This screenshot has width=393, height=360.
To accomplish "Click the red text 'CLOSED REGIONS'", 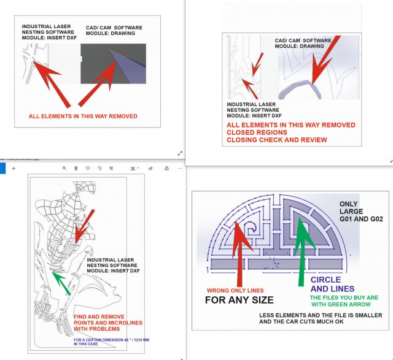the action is (x=257, y=132).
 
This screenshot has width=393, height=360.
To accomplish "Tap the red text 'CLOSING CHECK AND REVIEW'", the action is (x=277, y=140).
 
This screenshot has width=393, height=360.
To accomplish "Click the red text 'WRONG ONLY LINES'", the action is (x=235, y=291).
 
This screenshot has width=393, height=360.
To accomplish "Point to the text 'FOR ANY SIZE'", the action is (x=239, y=300).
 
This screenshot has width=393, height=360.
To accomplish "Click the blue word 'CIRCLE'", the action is (x=325, y=280).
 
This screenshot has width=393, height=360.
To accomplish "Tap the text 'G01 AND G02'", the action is (x=361, y=219).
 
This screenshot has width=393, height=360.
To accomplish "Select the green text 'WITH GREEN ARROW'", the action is (x=341, y=304).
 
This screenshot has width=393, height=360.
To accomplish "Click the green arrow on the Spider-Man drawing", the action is (x=61, y=283).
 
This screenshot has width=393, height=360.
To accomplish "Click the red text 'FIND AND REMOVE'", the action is (x=99, y=316).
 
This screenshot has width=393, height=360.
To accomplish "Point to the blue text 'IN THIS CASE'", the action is (x=86, y=344).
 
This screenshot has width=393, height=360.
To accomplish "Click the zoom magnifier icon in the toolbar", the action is (x=64, y=169).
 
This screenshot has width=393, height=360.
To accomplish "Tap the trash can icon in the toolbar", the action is (x=76, y=169).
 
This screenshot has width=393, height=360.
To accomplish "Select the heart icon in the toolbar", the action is (x=88, y=168).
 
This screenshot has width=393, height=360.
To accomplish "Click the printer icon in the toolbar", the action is (x=166, y=169).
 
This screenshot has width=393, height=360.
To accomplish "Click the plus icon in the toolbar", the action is (x=14, y=169).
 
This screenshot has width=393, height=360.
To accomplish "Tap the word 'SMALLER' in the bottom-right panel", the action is (x=370, y=315).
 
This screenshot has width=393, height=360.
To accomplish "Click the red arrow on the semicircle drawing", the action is (x=241, y=253).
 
